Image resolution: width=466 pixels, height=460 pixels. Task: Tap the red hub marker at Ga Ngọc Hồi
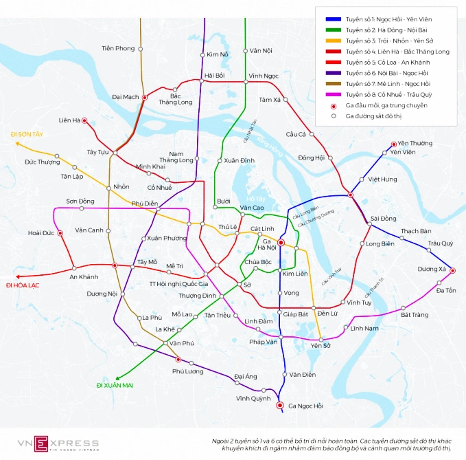(280, 406)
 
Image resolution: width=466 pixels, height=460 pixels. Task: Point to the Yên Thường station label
(415, 143)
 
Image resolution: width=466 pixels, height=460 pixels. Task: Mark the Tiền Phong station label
(118, 48)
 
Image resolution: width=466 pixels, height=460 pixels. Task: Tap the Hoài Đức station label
(41, 233)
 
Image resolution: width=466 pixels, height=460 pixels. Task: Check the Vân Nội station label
(261, 51)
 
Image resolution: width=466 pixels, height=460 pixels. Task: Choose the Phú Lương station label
(188, 371)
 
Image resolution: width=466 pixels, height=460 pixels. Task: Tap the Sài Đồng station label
(383, 219)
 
